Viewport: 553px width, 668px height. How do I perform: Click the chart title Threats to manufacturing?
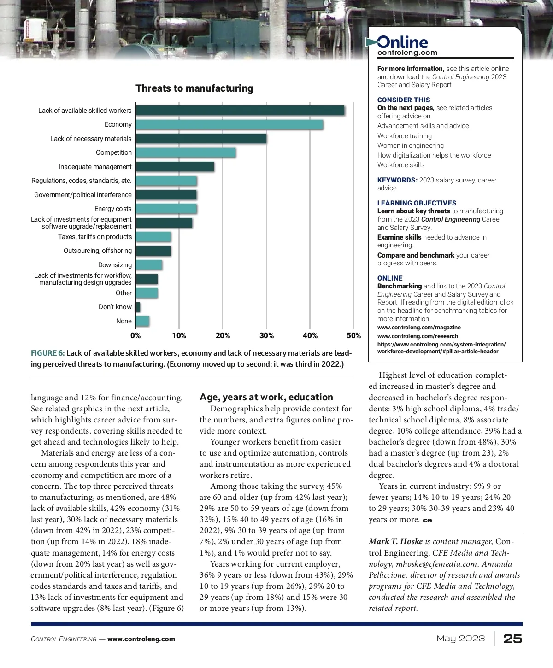[x=194, y=88]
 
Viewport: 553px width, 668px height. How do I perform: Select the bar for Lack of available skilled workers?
[x=240, y=111]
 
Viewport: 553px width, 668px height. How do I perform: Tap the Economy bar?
[x=229, y=124]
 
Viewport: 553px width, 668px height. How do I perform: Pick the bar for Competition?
[x=186, y=152]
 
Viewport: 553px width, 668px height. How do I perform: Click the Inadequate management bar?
[x=175, y=167]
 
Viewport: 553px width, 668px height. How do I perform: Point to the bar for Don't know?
[x=138, y=307]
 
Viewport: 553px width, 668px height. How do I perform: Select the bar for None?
[x=142, y=321]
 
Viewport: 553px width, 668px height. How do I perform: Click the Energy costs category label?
[x=113, y=209]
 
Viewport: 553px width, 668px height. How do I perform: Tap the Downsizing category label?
[x=115, y=265]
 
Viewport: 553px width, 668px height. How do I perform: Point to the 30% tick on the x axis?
[x=266, y=335]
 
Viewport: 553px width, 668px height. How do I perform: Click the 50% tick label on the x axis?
[x=353, y=335]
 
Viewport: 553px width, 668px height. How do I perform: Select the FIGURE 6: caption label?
[x=47, y=353]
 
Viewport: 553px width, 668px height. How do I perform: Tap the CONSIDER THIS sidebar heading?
[x=404, y=100]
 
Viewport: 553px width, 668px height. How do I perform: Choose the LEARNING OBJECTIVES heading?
[x=417, y=203]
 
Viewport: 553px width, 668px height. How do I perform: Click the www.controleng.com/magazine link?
[x=419, y=328]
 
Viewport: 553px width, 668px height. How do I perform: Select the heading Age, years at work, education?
[x=266, y=397]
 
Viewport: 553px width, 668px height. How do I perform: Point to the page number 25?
[x=512, y=639]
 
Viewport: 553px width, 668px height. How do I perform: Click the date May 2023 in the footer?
[x=461, y=639]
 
